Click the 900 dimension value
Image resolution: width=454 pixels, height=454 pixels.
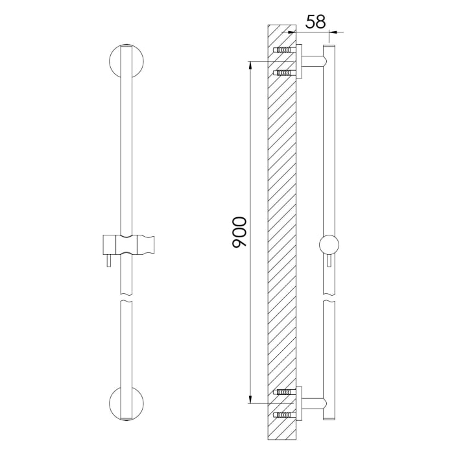(239, 232)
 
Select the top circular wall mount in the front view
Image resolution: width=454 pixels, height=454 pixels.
(126, 61)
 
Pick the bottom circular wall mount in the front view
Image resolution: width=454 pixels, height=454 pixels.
(126, 403)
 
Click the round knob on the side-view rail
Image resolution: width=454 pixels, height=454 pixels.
(329, 245)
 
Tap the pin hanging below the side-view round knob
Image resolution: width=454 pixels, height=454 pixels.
(329, 261)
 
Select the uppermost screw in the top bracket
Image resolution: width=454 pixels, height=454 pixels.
(283, 50)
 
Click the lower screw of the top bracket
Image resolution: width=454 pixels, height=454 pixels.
(283, 73)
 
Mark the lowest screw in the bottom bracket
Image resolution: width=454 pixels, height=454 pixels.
(283, 414)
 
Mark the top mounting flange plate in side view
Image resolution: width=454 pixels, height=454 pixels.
(299, 62)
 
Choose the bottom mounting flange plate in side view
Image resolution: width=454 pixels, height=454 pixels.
(299, 403)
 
